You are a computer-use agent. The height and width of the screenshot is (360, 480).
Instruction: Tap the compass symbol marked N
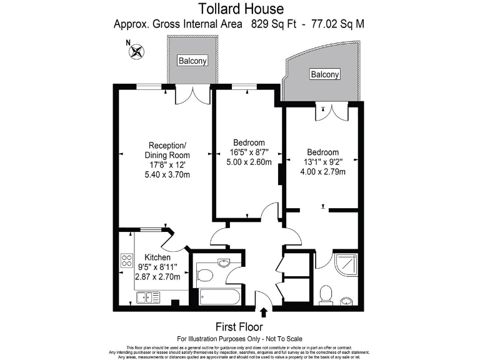[136, 51]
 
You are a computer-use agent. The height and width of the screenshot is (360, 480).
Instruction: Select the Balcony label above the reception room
[192, 61]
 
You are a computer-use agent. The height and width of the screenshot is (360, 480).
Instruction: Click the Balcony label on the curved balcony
[325, 74]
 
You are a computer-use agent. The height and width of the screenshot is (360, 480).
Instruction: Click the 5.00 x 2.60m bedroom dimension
[249, 162]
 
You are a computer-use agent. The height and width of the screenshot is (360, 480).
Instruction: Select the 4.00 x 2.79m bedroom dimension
[322, 172]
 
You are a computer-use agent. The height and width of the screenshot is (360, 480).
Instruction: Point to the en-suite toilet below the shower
[326, 292]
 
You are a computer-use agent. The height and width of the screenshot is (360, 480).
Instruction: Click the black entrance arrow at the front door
[264, 312]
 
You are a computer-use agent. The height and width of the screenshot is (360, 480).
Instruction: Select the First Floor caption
[239, 327]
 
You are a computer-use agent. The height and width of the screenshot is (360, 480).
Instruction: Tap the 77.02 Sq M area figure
[342, 24]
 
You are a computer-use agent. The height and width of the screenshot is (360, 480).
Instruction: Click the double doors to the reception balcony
[193, 94]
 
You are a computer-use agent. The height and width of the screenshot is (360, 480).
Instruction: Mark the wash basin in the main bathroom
[223, 262]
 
